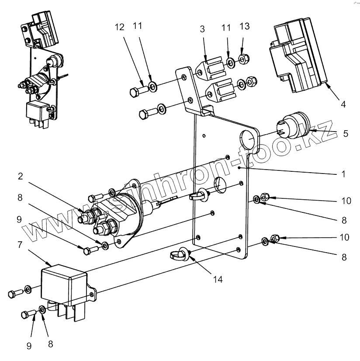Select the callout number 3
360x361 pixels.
[202, 30]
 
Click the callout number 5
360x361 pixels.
[345, 133]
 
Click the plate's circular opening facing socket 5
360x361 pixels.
[249, 140]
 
